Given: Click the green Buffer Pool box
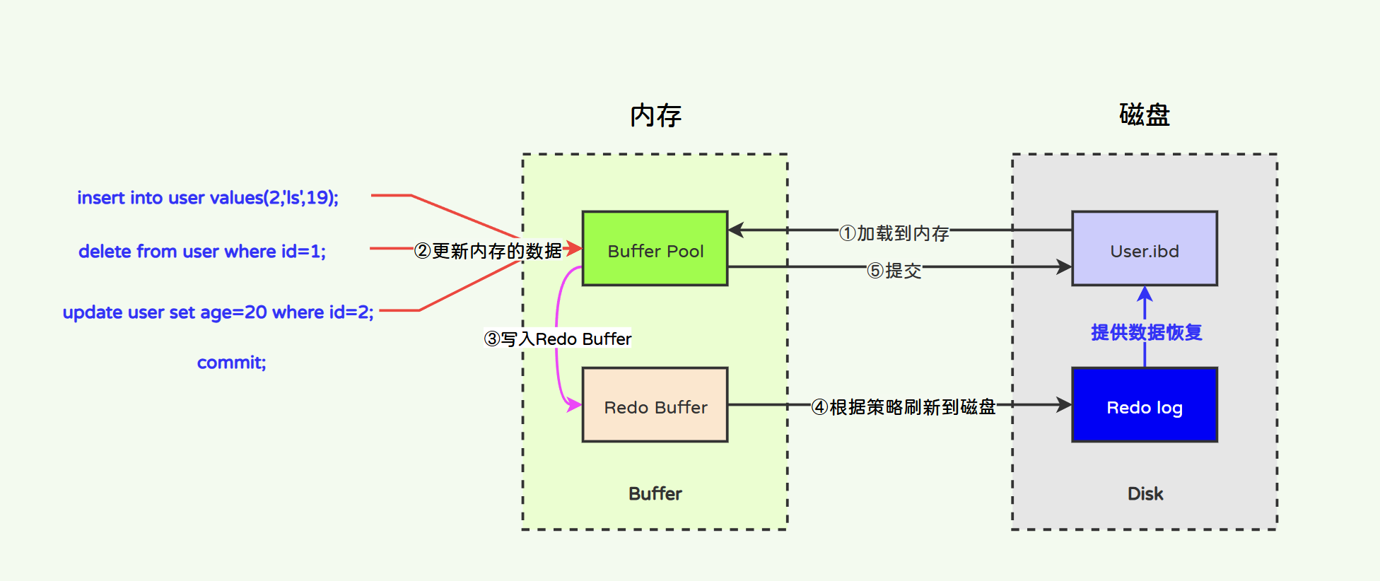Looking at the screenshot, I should point(655,249).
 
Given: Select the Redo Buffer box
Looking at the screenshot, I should point(655,405).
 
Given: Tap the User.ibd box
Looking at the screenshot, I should point(1144,249).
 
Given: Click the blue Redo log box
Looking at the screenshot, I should point(1144,405).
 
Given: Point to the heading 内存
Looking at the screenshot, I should point(655,115).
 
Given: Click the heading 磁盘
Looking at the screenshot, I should point(1144,115).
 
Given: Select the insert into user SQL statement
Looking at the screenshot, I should point(208,197).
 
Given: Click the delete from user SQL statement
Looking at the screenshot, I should point(202,251).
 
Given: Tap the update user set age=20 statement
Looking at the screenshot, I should point(218,312).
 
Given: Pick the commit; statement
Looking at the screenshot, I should point(231,363).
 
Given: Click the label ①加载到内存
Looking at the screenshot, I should point(894,233).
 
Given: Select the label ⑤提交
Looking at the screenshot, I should point(894,271).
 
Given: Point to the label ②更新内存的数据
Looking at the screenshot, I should point(488,251).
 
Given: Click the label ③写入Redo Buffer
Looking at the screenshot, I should point(557,339).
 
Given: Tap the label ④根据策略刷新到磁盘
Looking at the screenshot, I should point(903,407).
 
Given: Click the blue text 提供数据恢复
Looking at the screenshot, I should point(1146,332).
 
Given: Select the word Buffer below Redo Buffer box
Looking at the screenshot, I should point(655,493).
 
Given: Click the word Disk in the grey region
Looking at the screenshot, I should point(1145,493).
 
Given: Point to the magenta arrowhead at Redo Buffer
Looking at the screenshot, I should point(573,405).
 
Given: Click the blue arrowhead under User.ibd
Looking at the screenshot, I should point(1145,294).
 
